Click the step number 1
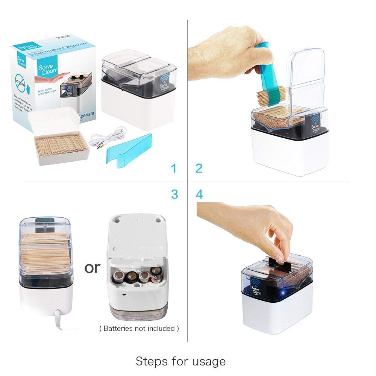(x=173, y=168)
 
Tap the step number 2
(x=199, y=168)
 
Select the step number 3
(x=174, y=194)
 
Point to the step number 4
(x=199, y=194)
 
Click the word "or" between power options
(x=92, y=267)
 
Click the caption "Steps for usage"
(x=180, y=361)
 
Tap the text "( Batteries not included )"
(x=139, y=328)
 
